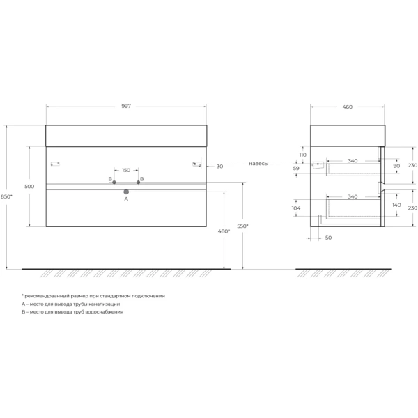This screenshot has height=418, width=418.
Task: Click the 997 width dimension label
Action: click(x=126, y=106)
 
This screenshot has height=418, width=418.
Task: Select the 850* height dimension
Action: click(x=7, y=197)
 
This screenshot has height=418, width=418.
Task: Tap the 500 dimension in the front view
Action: click(x=29, y=187)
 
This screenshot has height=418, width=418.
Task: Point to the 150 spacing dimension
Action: click(x=126, y=170)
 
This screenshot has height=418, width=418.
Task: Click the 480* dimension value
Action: click(x=224, y=231)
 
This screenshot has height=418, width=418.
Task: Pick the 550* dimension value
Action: click(x=243, y=226)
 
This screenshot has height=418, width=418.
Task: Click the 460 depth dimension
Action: click(x=347, y=106)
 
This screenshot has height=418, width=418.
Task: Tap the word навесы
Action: click(x=259, y=164)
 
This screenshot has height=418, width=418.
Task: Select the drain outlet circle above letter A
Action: click(x=126, y=191)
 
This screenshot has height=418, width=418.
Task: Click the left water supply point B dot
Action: click(x=114, y=182)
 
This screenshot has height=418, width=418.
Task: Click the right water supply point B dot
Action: click(x=138, y=182)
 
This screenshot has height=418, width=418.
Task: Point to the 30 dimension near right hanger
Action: click(x=220, y=166)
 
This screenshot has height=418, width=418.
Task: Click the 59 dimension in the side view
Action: click(x=295, y=168)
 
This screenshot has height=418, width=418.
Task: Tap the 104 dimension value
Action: click(x=295, y=208)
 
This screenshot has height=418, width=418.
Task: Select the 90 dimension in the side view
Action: click(x=396, y=166)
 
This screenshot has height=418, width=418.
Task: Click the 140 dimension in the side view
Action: click(x=396, y=206)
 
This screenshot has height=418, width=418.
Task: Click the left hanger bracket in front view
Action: click(x=56, y=164)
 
